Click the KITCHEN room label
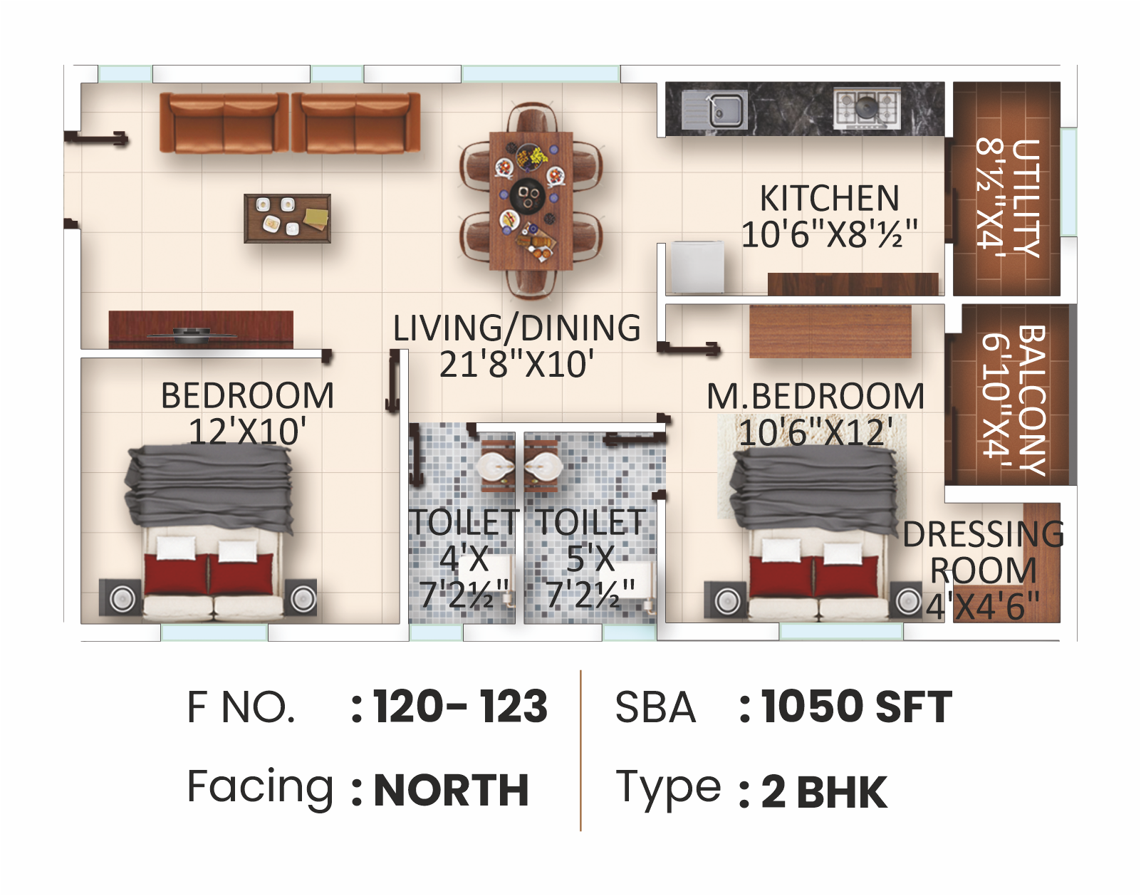[x=829, y=198]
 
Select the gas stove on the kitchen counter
[x=867, y=108]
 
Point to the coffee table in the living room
[x=287, y=218]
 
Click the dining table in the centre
[x=531, y=200]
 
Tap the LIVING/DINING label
[x=516, y=328]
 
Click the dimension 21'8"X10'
[x=516, y=365]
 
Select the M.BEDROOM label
[x=815, y=396]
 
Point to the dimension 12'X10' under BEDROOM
[x=247, y=432]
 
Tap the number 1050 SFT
[x=856, y=707]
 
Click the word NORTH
[x=451, y=791]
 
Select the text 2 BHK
[x=824, y=792]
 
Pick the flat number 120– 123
[x=460, y=707]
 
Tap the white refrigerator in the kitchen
[x=697, y=267]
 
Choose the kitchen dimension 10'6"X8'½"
[x=829, y=234]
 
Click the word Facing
[x=260, y=787]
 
